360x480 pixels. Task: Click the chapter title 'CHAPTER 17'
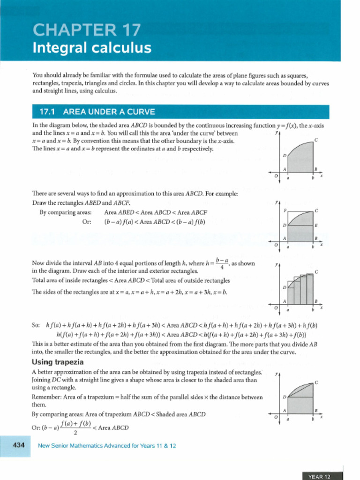click(86, 30)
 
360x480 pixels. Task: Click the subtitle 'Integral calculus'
click(92, 48)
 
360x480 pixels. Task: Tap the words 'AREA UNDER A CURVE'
click(109, 112)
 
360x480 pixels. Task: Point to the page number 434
click(18, 445)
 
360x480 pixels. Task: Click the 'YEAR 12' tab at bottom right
click(319, 476)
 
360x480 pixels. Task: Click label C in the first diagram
click(316, 140)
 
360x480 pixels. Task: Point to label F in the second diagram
click(285, 211)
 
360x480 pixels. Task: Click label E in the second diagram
click(316, 225)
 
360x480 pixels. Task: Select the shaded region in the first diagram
click(300, 159)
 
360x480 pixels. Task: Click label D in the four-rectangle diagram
click(285, 287)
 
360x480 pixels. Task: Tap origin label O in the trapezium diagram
click(276, 417)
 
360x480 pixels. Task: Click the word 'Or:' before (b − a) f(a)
click(86, 222)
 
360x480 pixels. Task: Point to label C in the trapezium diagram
click(316, 382)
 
